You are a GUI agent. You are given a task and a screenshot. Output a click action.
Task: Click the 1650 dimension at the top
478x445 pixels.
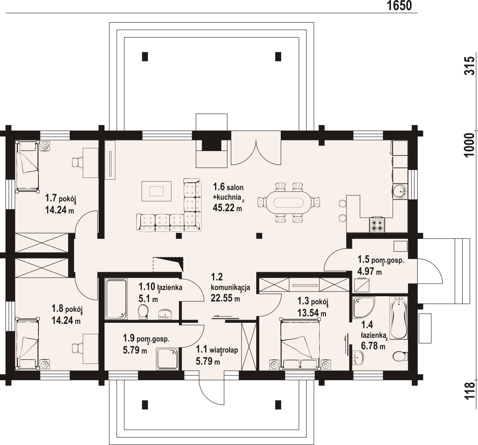click(399, 6)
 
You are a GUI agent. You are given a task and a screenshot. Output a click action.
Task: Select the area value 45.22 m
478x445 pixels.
click(227, 208)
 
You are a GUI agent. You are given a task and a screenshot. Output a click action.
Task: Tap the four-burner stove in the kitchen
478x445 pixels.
click(377, 224)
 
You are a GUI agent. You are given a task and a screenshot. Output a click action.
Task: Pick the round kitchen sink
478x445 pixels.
click(400, 191)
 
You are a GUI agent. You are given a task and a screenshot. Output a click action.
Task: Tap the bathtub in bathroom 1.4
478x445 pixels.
click(398, 318)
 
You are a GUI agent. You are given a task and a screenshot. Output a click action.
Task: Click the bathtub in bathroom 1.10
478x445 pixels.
click(116, 299)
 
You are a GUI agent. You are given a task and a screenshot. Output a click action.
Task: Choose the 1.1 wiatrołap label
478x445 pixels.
click(217, 350)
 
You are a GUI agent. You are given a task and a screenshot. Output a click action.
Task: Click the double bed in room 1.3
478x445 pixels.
click(300, 344)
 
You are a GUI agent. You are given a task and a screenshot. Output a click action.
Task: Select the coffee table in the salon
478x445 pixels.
click(156, 191)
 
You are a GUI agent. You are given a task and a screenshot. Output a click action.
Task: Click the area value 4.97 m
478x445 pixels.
click(369, 272)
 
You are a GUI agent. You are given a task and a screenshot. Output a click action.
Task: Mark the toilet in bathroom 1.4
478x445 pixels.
click(400, 356)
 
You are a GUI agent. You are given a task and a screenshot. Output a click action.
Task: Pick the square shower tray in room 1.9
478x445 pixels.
click(168, 359)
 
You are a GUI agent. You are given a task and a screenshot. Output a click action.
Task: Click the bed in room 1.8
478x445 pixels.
click(27, 344)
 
